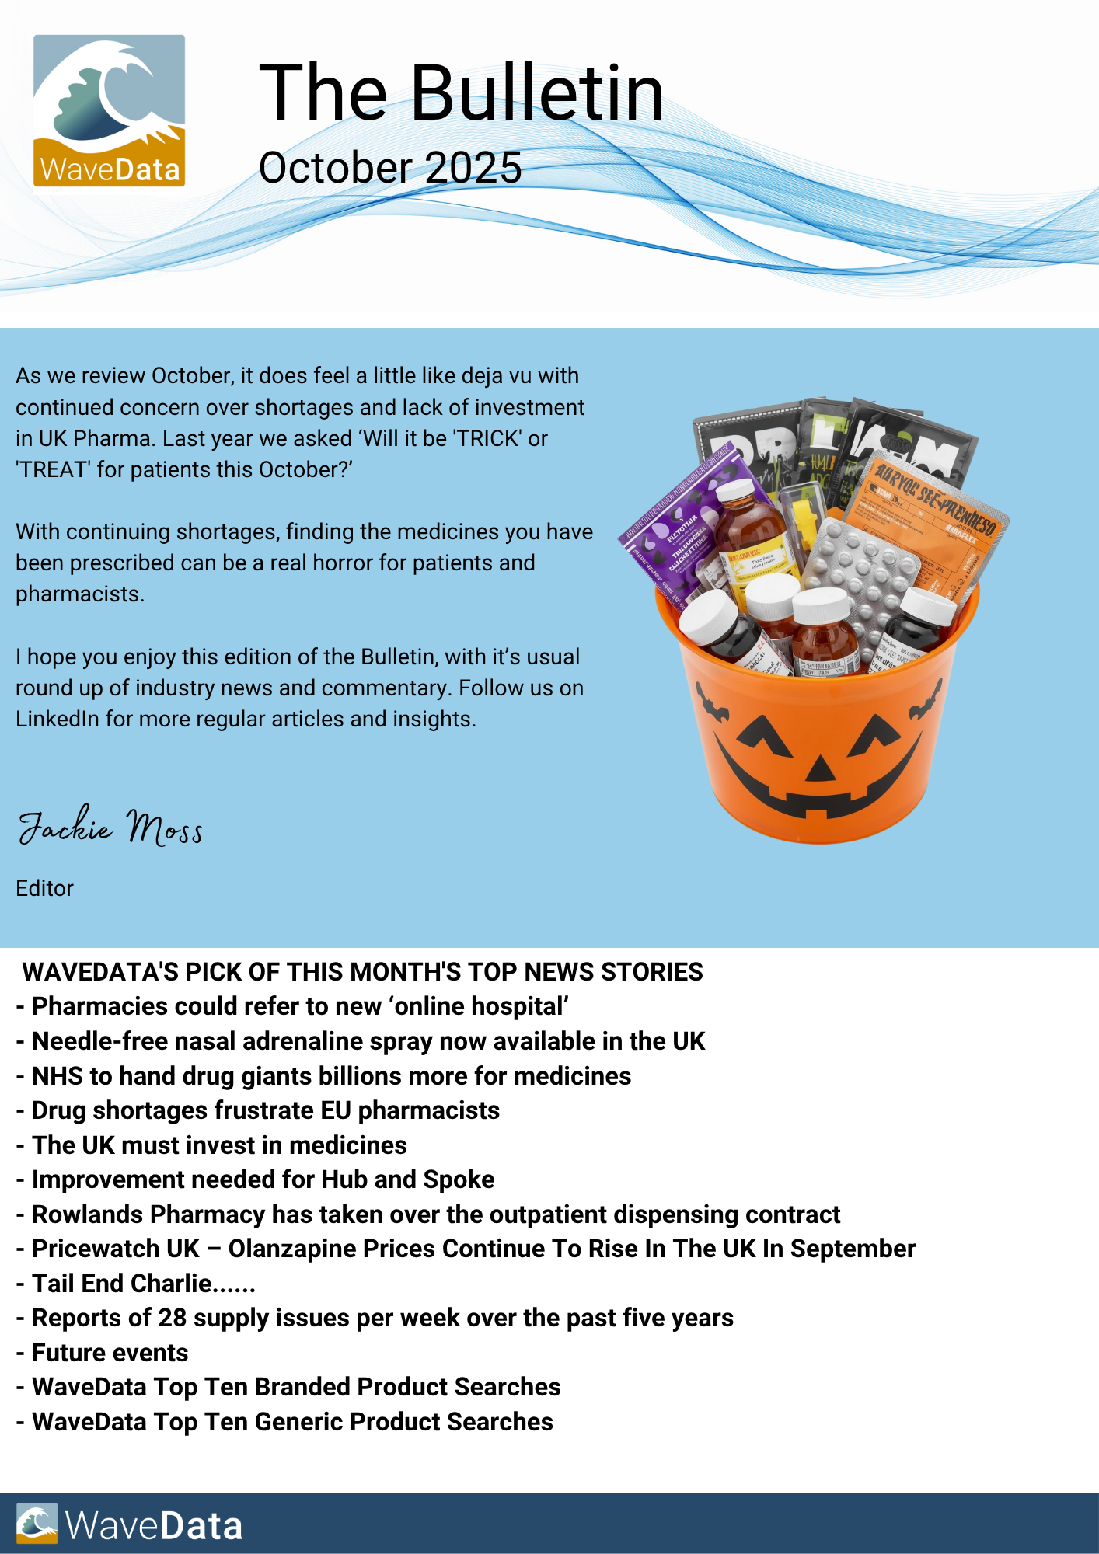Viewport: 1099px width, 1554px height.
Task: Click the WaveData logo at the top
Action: (x=109, y=110)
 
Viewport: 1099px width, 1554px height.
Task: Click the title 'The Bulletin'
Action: (x=461, y=93)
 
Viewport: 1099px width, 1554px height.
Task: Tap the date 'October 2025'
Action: (x=390, y=168)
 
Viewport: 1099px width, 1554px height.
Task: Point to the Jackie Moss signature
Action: (x=110, y=827)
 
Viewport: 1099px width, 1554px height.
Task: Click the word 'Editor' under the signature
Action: (x=45, y=888)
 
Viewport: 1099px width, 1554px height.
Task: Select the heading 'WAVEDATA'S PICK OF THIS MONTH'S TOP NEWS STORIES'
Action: (x=362, y=972)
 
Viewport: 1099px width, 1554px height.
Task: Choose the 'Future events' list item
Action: (x=110, y=1353)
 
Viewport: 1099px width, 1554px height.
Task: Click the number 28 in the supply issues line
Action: (x=173, y=1318)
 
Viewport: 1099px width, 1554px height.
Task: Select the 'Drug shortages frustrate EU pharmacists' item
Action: (x=265, y=1110)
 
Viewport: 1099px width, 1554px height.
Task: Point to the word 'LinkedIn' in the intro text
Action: (x=58, y=719)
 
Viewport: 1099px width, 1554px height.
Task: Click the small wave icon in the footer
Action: (x=37, y=1524)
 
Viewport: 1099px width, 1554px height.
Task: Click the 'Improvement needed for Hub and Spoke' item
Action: (x=263, y=1179)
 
